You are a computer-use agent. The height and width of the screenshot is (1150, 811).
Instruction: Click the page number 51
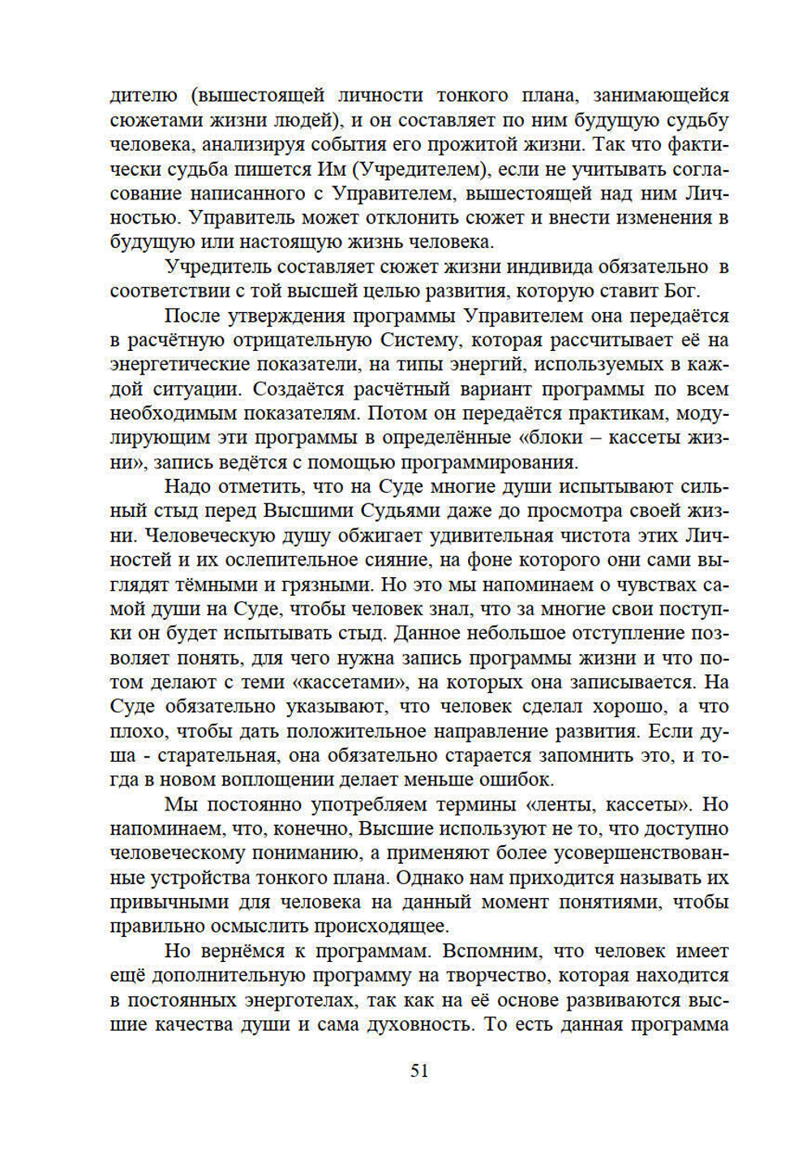coord(419,1071)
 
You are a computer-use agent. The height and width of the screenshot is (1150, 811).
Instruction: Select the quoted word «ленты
coord(558,805)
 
